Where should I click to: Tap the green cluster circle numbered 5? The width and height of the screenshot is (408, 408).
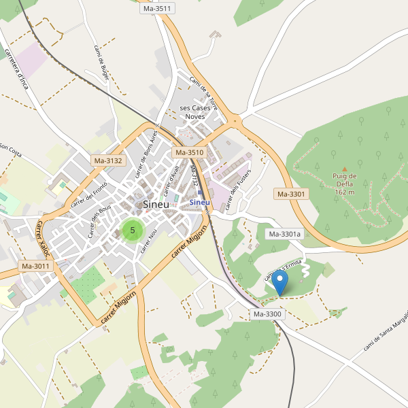(x=132, y=230)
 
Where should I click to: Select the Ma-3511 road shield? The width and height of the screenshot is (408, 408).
(x=158, y=8)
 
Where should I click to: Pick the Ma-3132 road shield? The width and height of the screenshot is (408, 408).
(x=108, y=160)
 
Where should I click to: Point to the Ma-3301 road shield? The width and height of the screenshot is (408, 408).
(x=292, y=194)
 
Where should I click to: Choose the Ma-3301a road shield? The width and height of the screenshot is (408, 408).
(x=284, y=234)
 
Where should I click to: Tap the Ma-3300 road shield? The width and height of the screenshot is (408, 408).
(x=268, y=314)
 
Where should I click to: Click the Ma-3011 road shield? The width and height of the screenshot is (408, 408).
(x=35, y=266)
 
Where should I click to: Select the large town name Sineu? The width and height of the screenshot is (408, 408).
(x=156, y=204)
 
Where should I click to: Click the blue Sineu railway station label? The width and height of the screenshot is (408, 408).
(x=200, y=202)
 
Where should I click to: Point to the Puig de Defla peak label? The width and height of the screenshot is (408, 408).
(x=344, y=184)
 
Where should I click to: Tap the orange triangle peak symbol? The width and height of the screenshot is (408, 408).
(x=344, y=169)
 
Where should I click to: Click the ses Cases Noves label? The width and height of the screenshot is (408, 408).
(x=195, y=112)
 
